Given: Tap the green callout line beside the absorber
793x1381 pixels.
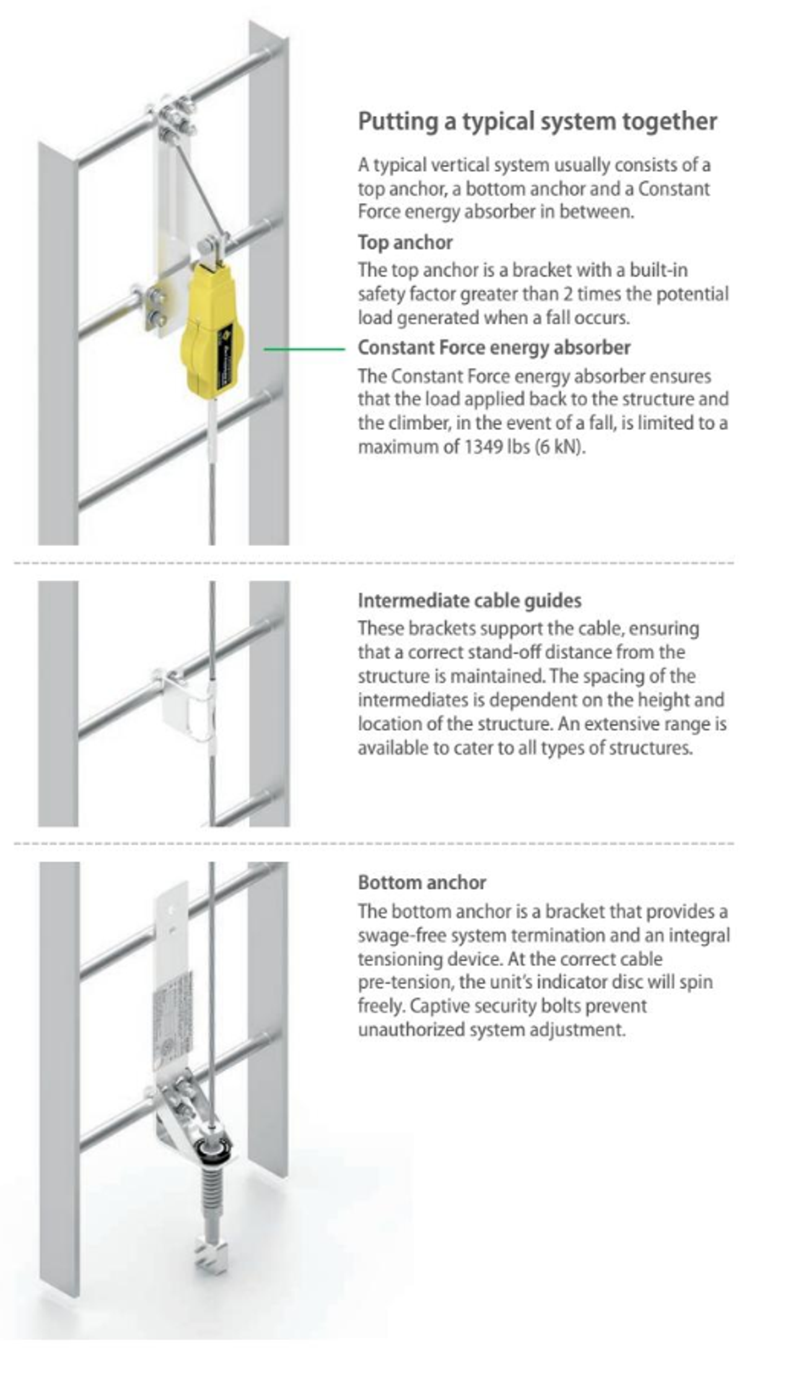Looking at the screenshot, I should (x=304, y=349).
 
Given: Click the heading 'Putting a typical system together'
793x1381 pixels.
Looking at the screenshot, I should (x=537, y=121).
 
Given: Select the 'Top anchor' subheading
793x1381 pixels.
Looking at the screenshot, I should (x=405, y=242).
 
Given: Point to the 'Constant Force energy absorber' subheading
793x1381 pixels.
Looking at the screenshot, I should (x=494, y=347).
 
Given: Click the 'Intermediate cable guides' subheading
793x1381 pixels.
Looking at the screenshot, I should (x=469, y=600).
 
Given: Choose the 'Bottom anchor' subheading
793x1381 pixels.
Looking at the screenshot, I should (x=421, y=882).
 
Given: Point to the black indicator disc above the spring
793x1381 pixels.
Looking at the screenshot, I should (x=214, y=1151).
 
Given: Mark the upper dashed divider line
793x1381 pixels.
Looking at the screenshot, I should (x=372, y=563).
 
